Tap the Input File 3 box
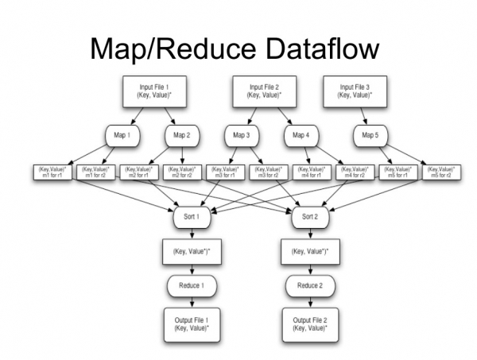(x=356, y=92)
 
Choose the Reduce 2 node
(x=308, y=285)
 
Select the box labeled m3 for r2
(x=270, y=172)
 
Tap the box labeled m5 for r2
(x=442, y=172)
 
